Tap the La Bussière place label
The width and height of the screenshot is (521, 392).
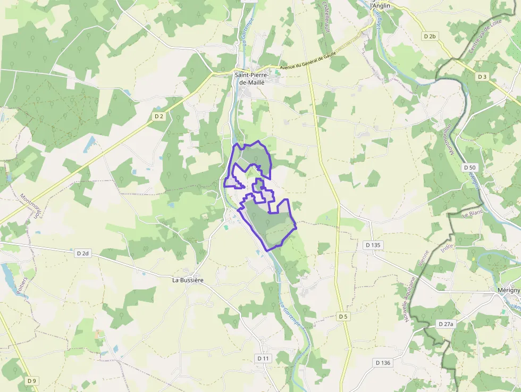click(x=188, y=279)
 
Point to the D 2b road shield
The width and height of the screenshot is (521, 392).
click(x=430, y=36)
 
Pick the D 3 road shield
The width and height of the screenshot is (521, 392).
click(x=482, y=77)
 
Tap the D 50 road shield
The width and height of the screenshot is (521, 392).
click(x=469, y=167)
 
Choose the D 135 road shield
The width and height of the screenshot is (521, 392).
click(x=373, y=245)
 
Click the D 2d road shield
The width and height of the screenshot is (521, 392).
click(x=82, y=253)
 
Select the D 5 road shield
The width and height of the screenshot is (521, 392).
click(x=343, y=316)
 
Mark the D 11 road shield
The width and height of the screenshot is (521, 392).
click(x=263, y=358)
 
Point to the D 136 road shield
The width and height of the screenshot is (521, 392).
click(x=383, y=363)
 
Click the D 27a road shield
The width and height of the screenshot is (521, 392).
click(x=446, y=323)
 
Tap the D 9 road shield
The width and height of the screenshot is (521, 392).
click(x=32, y=380)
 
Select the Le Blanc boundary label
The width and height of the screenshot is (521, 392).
click(x=472, y=214)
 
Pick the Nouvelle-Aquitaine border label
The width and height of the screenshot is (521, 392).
click(x=409, y=298)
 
